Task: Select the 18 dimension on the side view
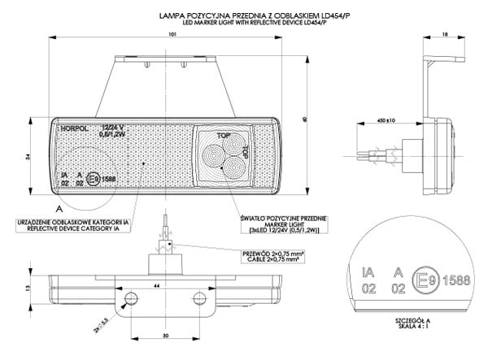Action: (x=445, y=34)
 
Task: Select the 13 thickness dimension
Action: (x=28, y=288)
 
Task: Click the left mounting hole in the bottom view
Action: (x=129, y=301)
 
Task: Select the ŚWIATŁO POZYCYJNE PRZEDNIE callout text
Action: (x=284, y=219)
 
